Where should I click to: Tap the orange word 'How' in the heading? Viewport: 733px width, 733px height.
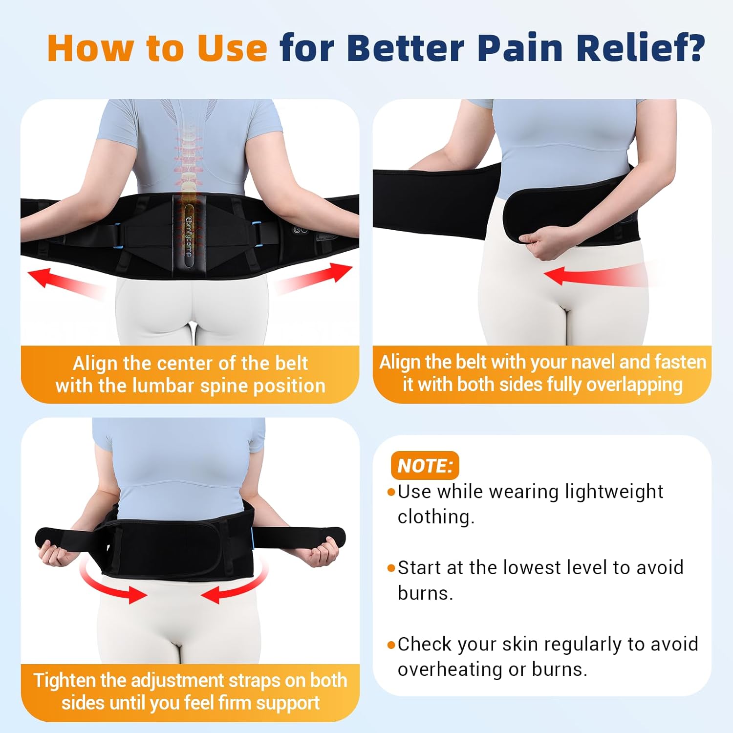(x=91, y=48)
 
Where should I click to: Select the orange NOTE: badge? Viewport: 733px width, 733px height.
(x=425, y=465)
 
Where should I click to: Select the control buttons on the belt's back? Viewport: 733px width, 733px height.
(x=300, y=230)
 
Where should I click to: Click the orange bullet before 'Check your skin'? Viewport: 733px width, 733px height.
(x=391, y=645)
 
